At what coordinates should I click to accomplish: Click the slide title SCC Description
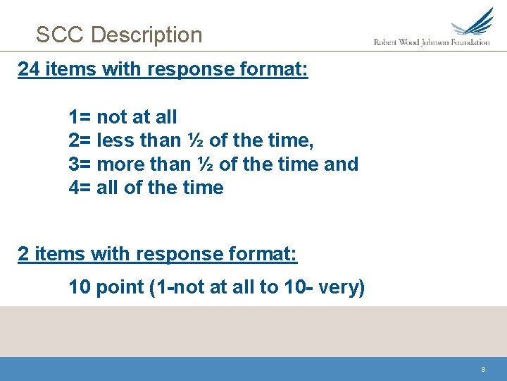pyautogui.click(x=119, y=35)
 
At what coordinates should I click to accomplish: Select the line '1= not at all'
pyautogui.click(x=123, y=116)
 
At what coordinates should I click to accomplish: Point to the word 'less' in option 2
pyautogui.click(x=116, y=140)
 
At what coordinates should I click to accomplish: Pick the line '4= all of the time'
pyautogui.click(x=146, y=188)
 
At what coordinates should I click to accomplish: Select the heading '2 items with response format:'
pyautogui.click(x=158, y=254)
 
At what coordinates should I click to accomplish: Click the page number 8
pyautogui.click(x=483, y=369)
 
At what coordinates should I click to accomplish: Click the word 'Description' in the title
pyautogui.click(x=146, y=35)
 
